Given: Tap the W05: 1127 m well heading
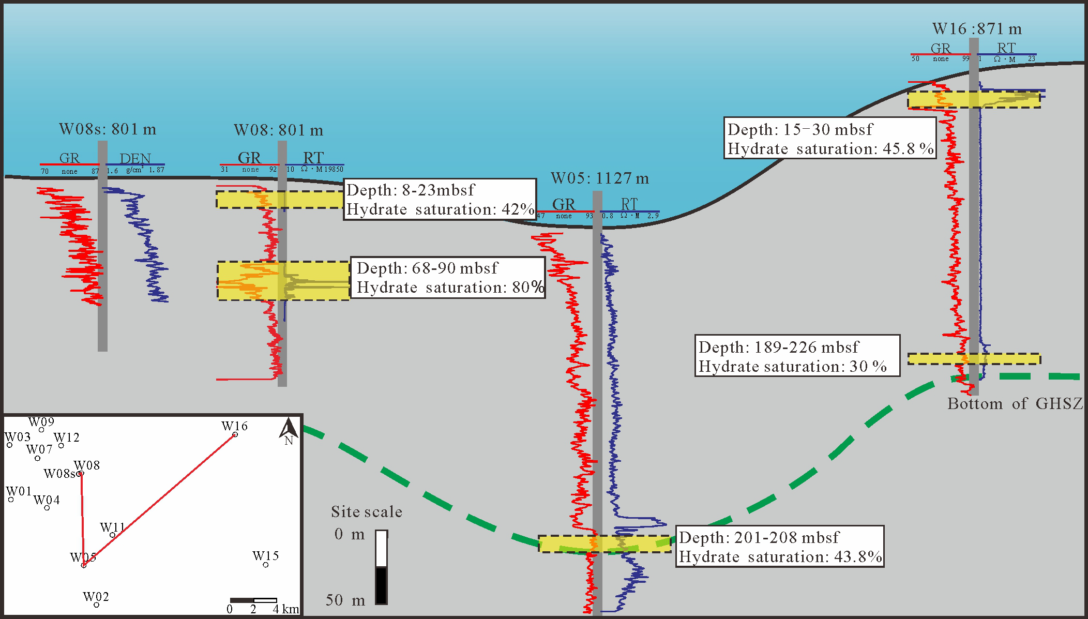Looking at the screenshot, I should (599, 179).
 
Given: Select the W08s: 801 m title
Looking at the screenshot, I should (108, 129).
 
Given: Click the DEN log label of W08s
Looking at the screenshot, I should (135, 159).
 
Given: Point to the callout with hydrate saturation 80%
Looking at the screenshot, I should (448, 278).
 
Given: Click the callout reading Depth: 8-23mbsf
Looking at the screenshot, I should (440, 200).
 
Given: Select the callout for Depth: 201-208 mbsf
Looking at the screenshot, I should (780, 547).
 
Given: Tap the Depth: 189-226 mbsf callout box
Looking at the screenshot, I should (796, 356).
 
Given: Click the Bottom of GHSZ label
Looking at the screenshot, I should (1015, 404).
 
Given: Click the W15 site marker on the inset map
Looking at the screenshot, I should (266, 565).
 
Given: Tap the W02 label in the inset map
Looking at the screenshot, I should (96, 597).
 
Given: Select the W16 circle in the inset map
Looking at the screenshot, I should (235, 435).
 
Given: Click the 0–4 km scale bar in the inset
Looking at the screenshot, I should (253, 600).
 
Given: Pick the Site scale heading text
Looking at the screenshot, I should (367, 512).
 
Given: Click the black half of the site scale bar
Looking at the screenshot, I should (381, 585).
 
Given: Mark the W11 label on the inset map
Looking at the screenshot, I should (112, 527).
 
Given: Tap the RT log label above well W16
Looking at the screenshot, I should (1006, 48).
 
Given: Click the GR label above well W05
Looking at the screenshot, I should (564, 205).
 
